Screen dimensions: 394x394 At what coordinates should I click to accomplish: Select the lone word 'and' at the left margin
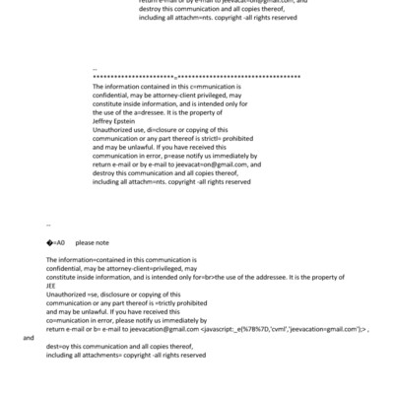tap(29, 337)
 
